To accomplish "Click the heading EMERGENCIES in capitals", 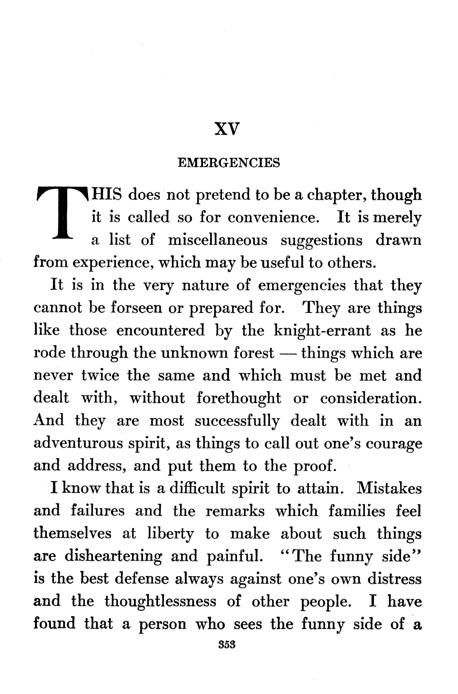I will click(229, 163).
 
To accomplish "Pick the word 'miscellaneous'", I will click(218, 240).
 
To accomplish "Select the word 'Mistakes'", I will click(389, 488).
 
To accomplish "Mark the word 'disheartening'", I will click(113, 556).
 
